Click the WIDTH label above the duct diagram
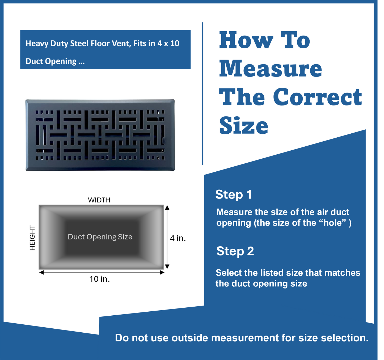[x=99, y=200]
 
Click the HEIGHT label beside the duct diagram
[x=32, y=238]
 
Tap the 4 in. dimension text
[x=178, y=238]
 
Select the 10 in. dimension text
[x=100, y=279]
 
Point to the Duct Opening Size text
[x=100, y=237]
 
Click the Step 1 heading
[x=234, y=194]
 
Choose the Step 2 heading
[x=235, y=251]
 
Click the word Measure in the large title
[x=271, y=69]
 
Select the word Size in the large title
[x=244, y=126]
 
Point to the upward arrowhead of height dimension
[x=167, y=208]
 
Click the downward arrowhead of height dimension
[x=167, y=266]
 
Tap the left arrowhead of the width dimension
[x=41, y=272]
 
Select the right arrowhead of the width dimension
[x=162, y=272]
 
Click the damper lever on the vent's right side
[x=163, y=141]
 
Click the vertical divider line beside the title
[x=203, y=93]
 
